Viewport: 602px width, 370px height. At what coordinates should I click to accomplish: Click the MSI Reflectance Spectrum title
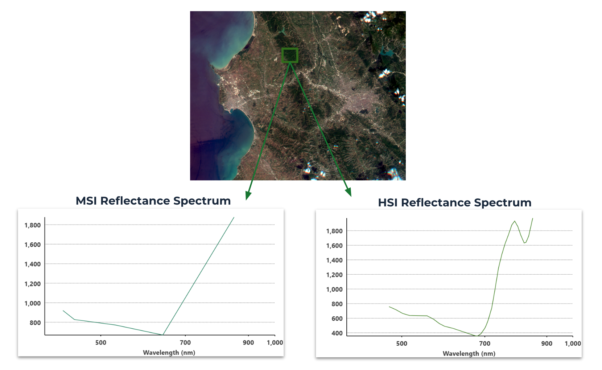pos(153,201)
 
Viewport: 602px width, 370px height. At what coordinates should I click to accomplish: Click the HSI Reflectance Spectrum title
pos(455,203)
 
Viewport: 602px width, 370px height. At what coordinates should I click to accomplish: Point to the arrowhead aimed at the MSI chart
pos(248,196)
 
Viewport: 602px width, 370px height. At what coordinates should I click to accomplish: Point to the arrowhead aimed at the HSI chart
pos(349,192)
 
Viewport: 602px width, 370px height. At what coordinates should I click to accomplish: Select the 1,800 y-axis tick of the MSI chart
pos(33,225)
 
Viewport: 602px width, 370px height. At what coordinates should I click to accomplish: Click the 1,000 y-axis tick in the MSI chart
pos(33,303)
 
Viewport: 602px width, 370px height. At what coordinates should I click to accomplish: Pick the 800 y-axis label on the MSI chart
pos(35,323)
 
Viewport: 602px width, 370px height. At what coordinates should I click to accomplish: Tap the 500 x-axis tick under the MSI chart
pos(101,342)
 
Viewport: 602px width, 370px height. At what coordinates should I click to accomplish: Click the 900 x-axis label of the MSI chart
pos(248,342)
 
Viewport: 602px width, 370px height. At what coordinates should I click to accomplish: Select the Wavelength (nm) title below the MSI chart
pos(169,353)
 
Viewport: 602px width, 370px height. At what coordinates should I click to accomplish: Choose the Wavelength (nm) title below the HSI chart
pos(469,354)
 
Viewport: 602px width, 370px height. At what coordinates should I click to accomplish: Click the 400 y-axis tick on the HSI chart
pos(337,333)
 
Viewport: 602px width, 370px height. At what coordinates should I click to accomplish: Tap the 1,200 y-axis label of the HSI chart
pos(334,275)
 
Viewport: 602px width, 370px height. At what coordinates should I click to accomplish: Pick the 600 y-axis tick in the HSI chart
pos(337,318)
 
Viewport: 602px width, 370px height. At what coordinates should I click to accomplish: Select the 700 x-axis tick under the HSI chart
pos(485,344)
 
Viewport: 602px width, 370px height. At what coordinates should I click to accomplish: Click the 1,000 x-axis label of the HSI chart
pos(573,344)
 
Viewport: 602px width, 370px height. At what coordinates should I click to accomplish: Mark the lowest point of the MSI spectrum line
pos(162,335)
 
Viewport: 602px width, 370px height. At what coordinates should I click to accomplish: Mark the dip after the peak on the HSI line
pos(524,243)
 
